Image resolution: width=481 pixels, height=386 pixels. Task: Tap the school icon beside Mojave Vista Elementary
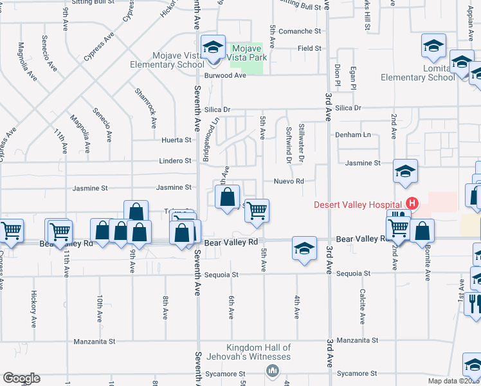click(x=212, y=47)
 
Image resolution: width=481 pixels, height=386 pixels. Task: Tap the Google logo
click(x=21, y=378)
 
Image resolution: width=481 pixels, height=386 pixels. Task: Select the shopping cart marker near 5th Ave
click(x=257, y=210)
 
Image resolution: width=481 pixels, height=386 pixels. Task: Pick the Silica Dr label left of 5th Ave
click(x=217, y=110)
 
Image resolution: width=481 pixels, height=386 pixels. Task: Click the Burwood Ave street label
click(x=226, y=75)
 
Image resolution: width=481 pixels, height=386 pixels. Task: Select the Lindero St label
click(x=176, y=161)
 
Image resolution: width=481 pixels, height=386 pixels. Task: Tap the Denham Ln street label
click(x=354, y=134)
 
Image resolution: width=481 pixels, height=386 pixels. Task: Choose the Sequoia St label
click(x=221, y=275)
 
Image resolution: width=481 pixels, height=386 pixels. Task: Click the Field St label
click(x=309, y=48)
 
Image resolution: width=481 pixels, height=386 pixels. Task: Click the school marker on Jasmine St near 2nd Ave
click(x=405, y=170)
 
